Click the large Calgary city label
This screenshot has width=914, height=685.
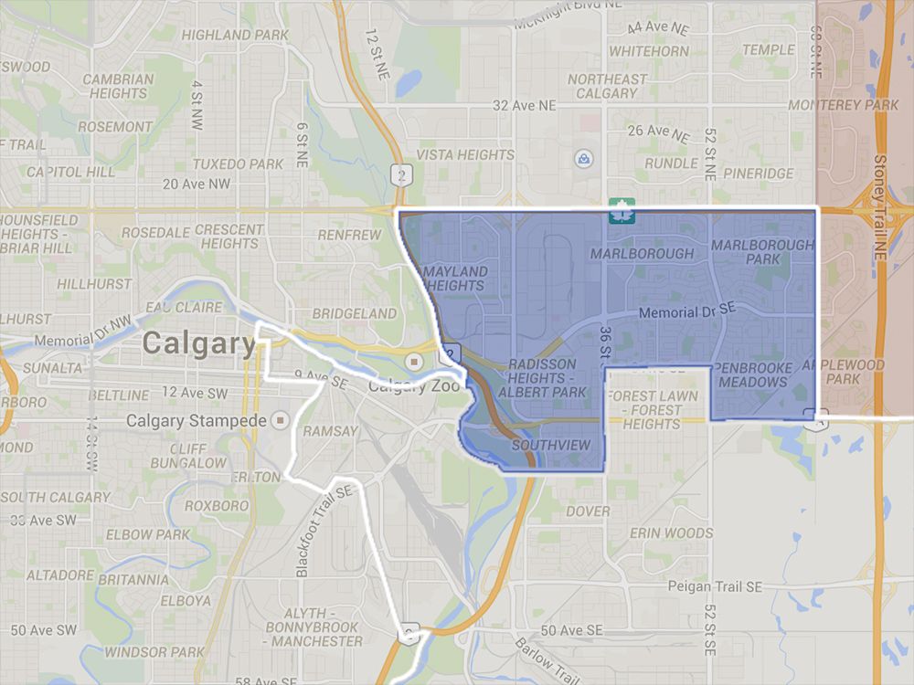pyautogui.click(x=199, y=343)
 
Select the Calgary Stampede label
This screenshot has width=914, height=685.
pyautogui.click(x=196, y=421)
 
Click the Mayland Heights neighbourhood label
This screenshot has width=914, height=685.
pyautogui.click(x=454, y=279)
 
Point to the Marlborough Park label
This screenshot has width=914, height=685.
pyautogui.click(x=761, y=252)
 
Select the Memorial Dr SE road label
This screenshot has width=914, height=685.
pyautogui.click(x=687, y=312)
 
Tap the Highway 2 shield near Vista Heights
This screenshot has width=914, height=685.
pyautogui.click(x=399, y=173)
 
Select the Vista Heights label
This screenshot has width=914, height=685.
pyautogui.click(x=465, y=154)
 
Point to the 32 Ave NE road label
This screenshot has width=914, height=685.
pyautogui.click(x=524, y=105)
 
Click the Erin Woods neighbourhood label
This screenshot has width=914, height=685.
pyautogui.click(x=671, y=532)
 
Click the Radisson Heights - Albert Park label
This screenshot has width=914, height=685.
pyautogui.click(x=546, y=378)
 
